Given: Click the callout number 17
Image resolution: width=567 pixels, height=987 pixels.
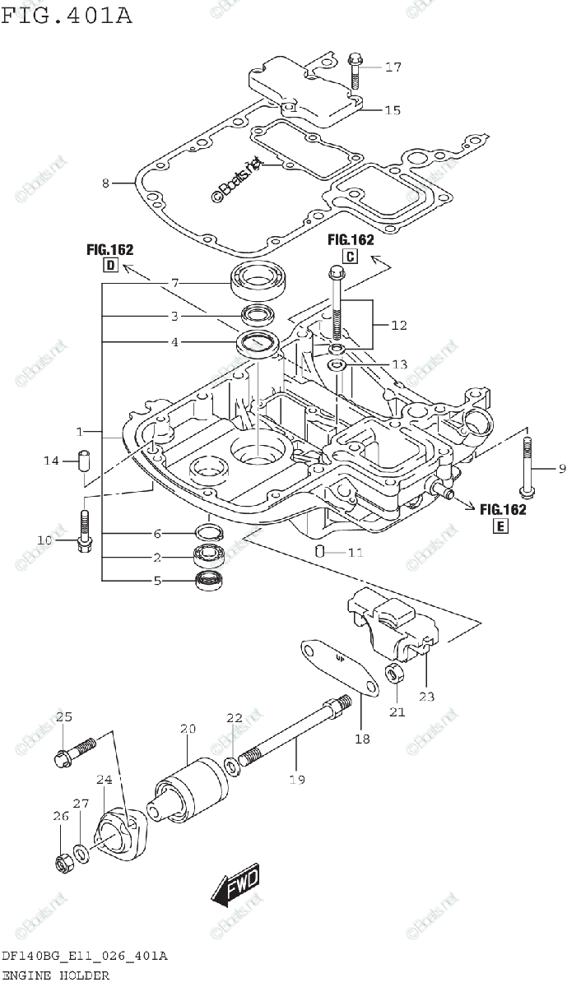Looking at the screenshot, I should pos(393,67).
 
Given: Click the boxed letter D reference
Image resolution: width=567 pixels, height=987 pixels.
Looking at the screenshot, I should pos(109,265).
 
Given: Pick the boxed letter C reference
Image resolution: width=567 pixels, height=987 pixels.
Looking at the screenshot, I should pos(351,256).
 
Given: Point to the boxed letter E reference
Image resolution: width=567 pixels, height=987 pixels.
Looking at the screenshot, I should pos(501,526).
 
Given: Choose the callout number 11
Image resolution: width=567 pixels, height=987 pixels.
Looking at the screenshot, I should pos(355,553).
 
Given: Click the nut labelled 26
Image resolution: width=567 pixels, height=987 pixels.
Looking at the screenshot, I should pos(63,863).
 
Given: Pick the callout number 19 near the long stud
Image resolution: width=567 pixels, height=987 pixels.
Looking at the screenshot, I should pos(296,779).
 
